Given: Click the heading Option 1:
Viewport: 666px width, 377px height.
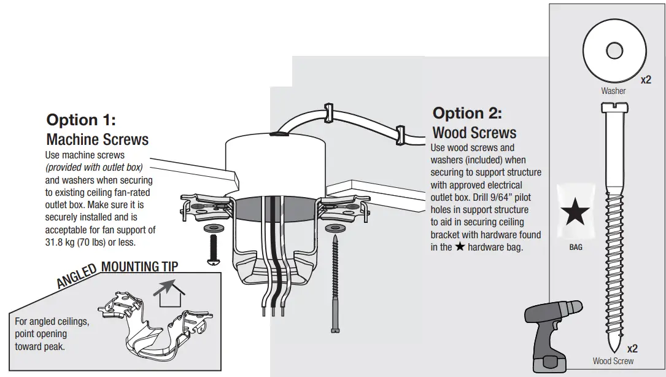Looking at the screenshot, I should click(81, 120).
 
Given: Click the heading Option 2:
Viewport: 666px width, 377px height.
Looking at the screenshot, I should click(467, 113).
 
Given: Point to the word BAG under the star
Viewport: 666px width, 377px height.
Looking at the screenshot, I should click(575, 247).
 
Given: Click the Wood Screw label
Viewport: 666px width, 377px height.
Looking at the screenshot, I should click(613, 361).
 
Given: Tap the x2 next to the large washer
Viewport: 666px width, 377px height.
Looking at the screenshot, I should click(646, 80).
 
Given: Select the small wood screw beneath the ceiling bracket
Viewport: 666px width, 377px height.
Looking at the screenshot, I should click(335, 282).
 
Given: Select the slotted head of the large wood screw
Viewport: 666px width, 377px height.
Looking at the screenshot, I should click(613, 108).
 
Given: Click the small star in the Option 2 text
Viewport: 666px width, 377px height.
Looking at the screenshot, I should click(459, 247).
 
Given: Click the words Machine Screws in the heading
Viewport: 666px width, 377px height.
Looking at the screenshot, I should click(98, 139).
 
